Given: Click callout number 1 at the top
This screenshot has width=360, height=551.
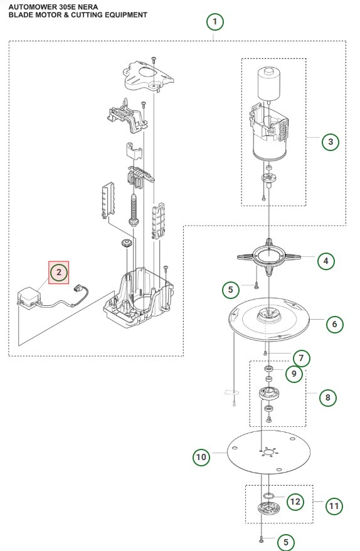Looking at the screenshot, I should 215,23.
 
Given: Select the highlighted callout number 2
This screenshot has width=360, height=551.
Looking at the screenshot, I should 58,272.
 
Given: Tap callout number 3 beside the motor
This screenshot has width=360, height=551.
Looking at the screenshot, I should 330,142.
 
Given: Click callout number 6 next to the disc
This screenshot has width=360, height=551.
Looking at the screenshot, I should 334,324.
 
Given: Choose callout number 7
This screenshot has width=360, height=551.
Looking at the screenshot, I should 301,358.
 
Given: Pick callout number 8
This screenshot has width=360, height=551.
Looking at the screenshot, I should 327,397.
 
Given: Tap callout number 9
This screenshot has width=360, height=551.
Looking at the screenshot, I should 293,374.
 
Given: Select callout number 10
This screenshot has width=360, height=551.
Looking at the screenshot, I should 201,457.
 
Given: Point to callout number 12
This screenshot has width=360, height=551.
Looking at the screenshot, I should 295,501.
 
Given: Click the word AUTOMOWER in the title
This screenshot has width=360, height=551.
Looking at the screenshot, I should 35,6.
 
